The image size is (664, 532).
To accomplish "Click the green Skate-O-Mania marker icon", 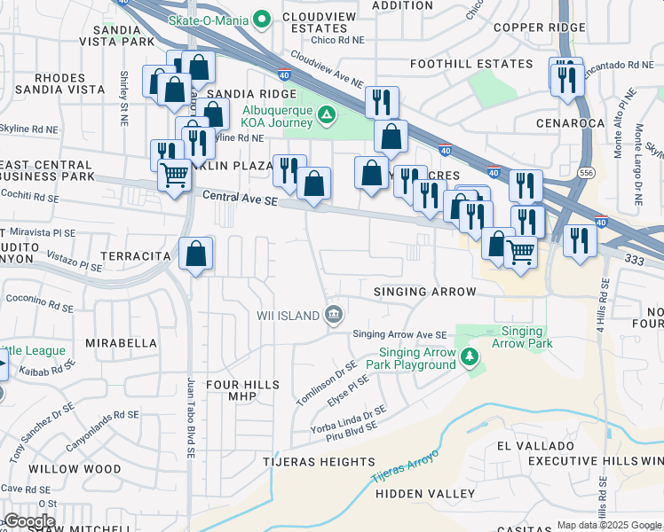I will point(262,18).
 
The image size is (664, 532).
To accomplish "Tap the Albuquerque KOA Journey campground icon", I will point(327,114).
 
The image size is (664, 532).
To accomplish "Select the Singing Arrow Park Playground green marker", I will point(470,358).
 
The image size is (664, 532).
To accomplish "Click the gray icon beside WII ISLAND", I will point(334,313).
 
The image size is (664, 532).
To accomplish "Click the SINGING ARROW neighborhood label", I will point(425,292).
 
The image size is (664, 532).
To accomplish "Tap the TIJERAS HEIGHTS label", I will point(319,462).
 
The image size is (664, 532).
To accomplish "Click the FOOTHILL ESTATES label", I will point(471,64).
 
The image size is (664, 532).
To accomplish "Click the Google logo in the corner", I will point(29,521).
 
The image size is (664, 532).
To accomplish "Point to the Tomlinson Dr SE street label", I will point(327,382).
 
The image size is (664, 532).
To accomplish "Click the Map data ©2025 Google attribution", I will point(609,525).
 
